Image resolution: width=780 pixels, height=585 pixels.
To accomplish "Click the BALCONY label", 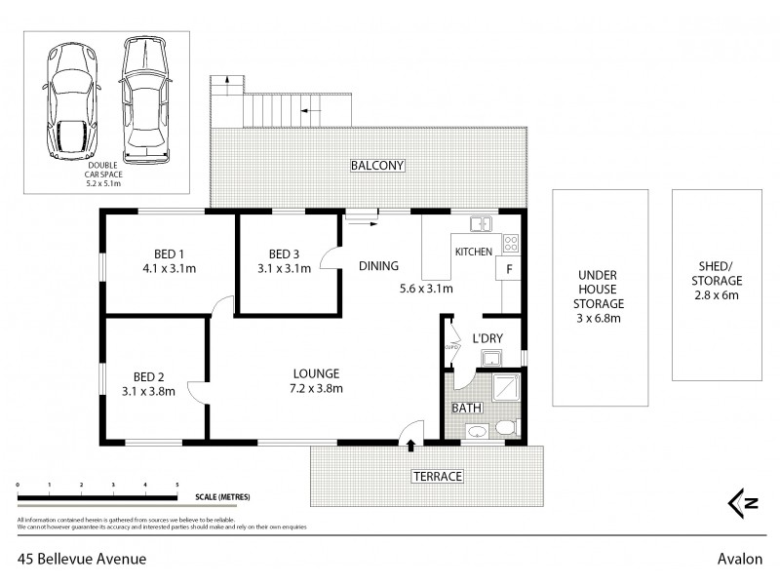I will click(x=377, y=166).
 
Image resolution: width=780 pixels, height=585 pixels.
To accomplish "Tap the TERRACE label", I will click(x=436, y=476).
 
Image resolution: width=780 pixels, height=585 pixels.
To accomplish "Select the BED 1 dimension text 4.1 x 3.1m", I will click(x=170, y=267).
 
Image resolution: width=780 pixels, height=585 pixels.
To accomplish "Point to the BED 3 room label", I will click(x=284, y=254).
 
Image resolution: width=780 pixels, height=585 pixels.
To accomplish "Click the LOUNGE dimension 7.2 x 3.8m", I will click(x=316, y=388).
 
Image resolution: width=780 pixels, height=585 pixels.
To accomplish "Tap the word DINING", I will click(x=377, y=265).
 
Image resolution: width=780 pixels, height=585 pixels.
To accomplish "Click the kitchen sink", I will click(x=481, y=224).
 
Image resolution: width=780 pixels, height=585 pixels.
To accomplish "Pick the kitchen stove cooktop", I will click(x=510, y=244).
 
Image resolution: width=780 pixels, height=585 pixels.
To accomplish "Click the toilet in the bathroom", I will click(x=505, y=429).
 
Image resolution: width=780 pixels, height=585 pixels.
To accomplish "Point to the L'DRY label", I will click(x=487, y=337).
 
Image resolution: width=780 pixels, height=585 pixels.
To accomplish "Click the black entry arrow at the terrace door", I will click(x=410, y=446).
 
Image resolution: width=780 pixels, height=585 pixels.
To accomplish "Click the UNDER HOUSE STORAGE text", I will click(x=599, y=296).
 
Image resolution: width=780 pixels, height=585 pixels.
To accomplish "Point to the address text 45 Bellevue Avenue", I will click(x=82, y=559).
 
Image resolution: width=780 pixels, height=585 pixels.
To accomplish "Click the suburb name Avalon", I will click(x=735, y=559).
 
